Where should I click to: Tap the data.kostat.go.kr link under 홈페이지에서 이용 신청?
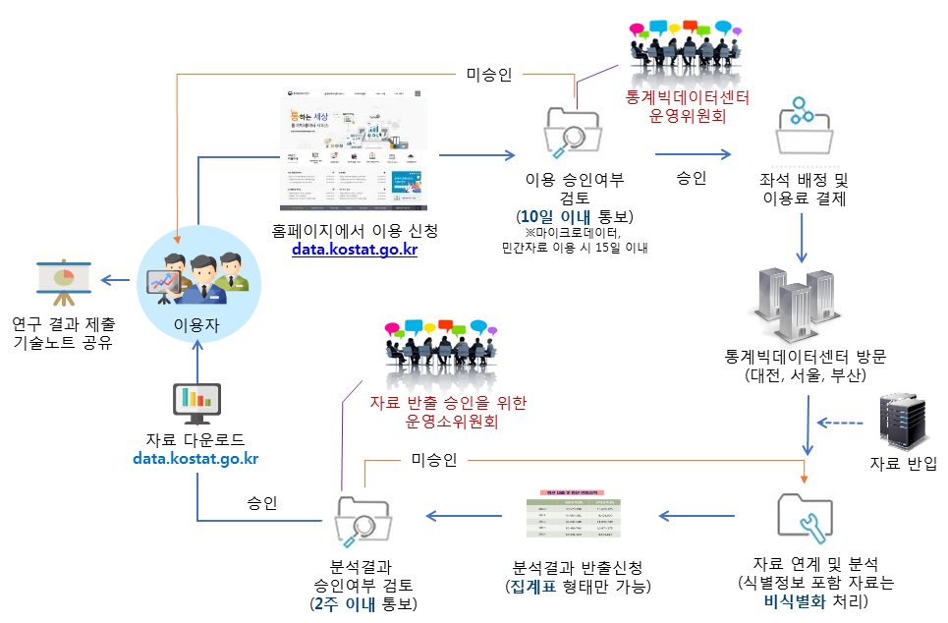point(355,250)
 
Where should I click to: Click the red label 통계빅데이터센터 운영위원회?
point(687,107)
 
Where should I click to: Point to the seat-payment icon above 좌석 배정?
point(805,122)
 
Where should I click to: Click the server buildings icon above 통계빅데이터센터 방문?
point(805,296)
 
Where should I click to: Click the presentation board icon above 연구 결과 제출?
point(63,285)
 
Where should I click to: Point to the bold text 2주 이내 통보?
point(362,603)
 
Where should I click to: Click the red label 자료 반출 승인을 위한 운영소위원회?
point(448,412)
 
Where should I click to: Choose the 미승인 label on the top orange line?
point(487,75)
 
